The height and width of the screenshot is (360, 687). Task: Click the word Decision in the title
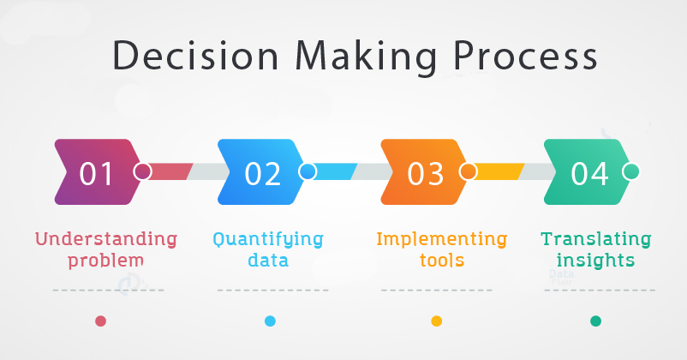tap(195, 56)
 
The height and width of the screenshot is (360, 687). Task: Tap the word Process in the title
tap(525, 56)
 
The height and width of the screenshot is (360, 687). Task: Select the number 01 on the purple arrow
tap(96, 174)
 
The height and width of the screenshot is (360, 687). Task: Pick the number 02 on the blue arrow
tap(262, 174)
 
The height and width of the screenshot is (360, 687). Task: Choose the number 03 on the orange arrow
tap(425, 174)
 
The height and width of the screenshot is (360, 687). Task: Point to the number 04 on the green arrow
tap(588, 174)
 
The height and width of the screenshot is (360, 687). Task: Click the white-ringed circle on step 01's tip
tap(142, 171)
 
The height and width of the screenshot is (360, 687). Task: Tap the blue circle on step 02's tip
tap(308, 171)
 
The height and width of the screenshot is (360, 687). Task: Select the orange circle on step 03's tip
tap(468, 171)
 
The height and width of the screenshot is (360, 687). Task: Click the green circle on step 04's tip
tap(631, 171)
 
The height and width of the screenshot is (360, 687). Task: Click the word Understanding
tap(106, 239)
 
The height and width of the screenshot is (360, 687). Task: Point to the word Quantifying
tap(268, 240)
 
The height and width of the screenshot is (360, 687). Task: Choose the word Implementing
tap(442, 240)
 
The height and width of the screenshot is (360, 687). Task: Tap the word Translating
tap(596, 240)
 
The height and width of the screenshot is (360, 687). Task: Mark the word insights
tap(595, 261)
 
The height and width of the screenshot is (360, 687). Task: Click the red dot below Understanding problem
tap(101, 321)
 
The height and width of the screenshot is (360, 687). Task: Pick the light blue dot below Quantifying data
tap(271, 321)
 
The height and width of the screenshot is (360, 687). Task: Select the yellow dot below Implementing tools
tap(436, 321)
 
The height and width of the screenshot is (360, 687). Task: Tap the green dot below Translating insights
tap(596, 321)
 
